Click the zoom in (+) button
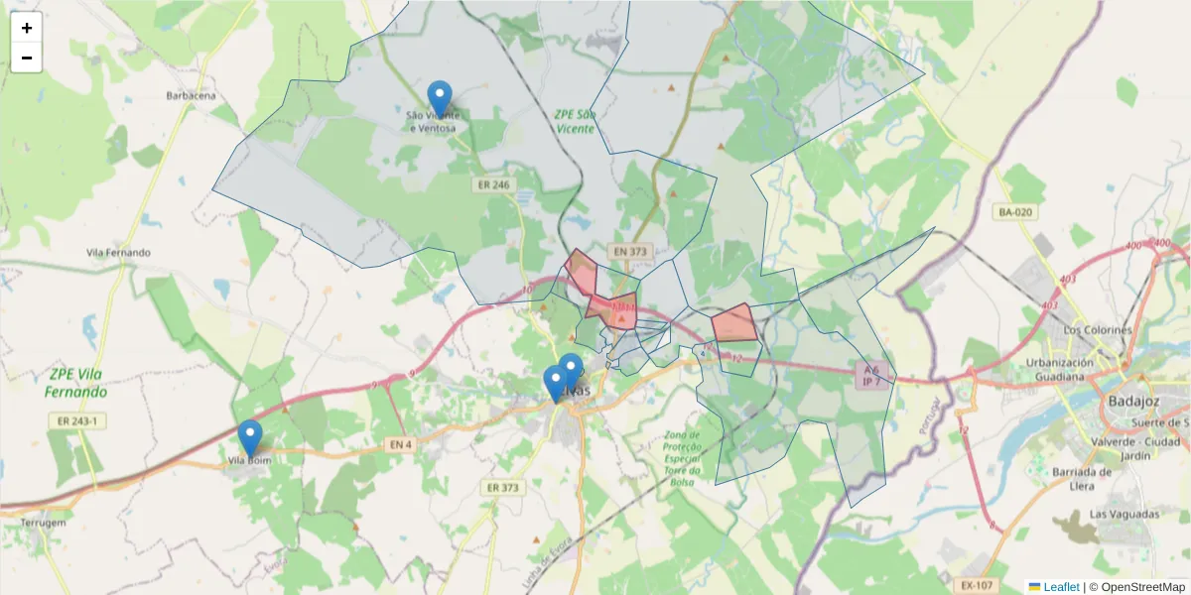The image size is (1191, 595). (x=27, y=28)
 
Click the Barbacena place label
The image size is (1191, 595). (x=191, y=96)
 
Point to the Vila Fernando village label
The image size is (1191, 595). (x=118, y=253)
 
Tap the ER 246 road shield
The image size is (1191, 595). (x=492, y=184)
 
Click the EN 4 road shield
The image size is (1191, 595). (x=399, y=445)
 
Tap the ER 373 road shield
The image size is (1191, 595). (x=503, y=487)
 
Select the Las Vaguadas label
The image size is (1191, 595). (x=1125, y=515)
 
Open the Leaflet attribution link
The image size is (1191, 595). (x=1060, y=587)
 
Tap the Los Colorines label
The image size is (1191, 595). (x=1097, y=329)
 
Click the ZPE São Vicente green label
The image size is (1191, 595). (x=575, y=121)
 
